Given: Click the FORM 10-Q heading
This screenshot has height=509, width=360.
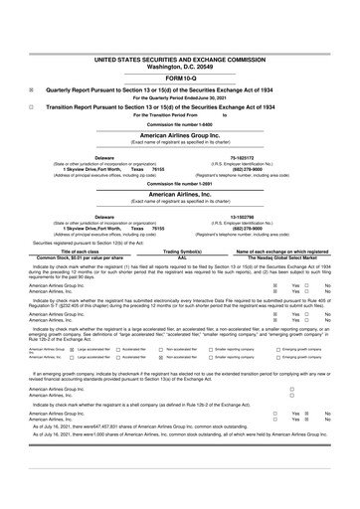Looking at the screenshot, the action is (179, 48).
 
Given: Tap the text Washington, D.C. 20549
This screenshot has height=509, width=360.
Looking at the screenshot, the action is (180, 37).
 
